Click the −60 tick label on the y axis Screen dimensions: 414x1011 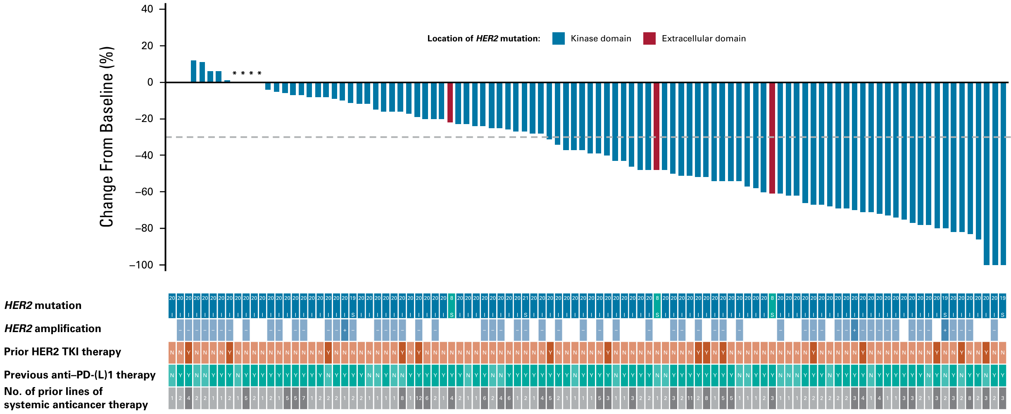tap(144, 192)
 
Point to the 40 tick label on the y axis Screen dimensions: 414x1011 tap(147, 9)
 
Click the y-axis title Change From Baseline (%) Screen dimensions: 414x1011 tap(107, 136)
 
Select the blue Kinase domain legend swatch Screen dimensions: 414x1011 tap(558, 38)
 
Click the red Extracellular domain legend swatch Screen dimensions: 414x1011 tap(649, 38)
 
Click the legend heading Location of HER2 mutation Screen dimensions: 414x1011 tap(483, 39)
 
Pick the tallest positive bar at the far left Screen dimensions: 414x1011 tap(193, 72)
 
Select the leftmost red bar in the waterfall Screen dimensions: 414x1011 tap(450, 103)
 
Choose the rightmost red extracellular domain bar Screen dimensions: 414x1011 tap(772, 138)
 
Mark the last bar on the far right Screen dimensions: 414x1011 tap(1003, 174)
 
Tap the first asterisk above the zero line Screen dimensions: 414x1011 tap(235, 74)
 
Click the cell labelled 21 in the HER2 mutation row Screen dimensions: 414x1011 tap(526, 306)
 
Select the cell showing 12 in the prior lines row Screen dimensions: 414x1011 tap(419, 398)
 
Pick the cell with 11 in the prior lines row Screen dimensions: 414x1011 tap(690, 398)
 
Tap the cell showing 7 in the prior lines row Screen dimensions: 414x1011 tap(304, 398)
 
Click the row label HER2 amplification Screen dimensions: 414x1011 tap(52, 329)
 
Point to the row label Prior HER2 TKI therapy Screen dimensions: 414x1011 tap(62, 352)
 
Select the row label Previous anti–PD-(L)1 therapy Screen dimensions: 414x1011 tap(80, 375)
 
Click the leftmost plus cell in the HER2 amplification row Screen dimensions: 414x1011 tap(345, 330)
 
